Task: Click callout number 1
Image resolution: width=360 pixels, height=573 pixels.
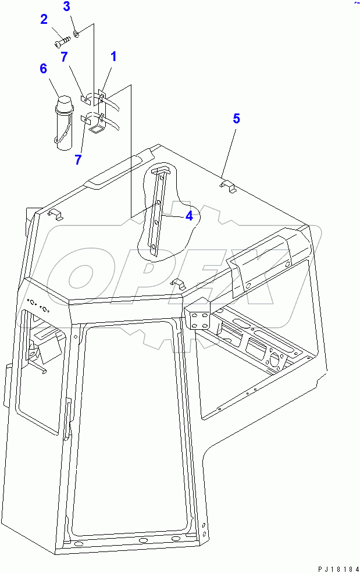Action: pyautogui.click(x=113, y=56)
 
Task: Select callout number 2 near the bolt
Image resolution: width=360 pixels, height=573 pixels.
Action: pyautogui.click(x=44, y=20)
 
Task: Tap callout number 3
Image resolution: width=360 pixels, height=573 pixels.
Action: pyautogui.click(x=66, y=7)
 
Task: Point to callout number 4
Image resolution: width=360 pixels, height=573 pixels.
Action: pyautogui.click(x=189, y=216)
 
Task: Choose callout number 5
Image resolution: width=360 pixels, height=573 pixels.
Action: pyautogui.click(x=236, y=119)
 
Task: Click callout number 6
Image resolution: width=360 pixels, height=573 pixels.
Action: pyautogui.click(x=43, y=69)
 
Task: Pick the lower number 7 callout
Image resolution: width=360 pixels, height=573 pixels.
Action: pyautogui.click(x=78, y=159)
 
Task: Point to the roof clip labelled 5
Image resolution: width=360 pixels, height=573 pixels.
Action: pyautogui.click(x=227, y=186)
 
